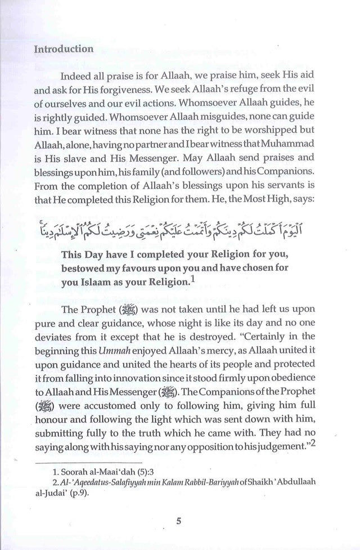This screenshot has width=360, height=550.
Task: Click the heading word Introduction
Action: (x=64, y=49)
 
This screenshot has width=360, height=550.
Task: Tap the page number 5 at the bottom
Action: (x=178, y=520)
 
